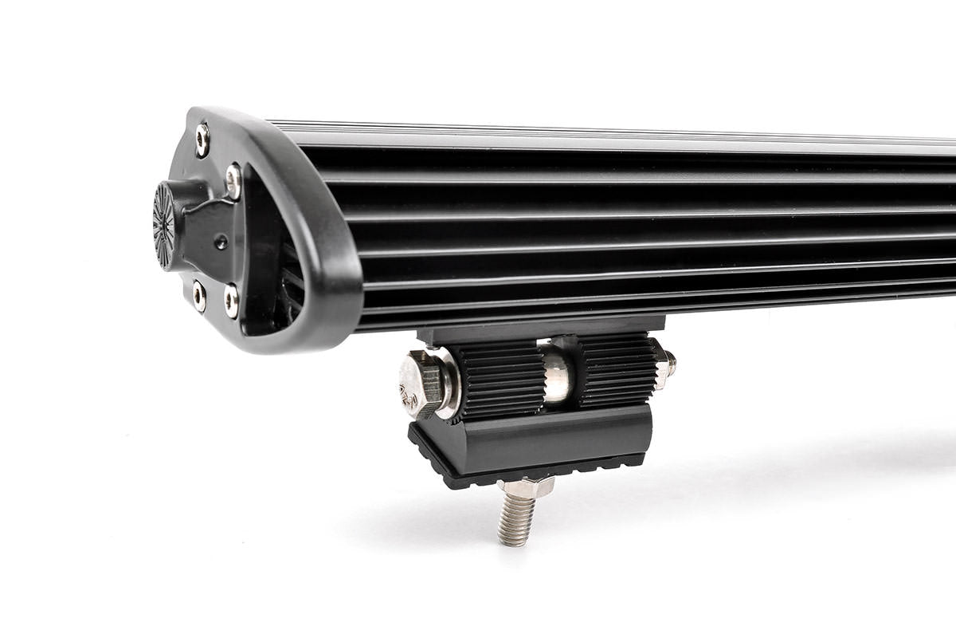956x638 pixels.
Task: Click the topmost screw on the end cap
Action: (x=202, y=140)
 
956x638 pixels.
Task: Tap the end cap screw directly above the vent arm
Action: (x=233, y=181)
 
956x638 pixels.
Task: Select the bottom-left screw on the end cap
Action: (x=198, y=296)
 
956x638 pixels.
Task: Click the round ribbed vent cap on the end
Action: (x=164, y=225)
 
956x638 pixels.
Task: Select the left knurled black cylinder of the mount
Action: (x=503, y=379)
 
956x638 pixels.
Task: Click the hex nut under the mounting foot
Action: (x=526, y=486)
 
